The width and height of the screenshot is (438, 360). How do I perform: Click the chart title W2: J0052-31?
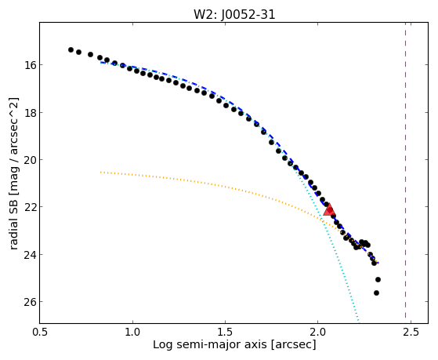234,14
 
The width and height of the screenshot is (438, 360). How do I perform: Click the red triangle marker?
329,209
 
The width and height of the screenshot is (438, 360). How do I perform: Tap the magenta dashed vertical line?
405,173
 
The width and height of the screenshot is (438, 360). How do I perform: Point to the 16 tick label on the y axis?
30,65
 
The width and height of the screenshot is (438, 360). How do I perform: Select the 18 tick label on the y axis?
30,112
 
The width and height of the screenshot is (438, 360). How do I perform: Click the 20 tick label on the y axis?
30,160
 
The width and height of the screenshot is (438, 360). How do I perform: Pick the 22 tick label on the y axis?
30,207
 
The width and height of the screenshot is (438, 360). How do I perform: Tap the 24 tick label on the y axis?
30,255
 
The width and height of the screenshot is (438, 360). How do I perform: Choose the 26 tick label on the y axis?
30,302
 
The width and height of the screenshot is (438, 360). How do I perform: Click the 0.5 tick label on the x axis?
40,332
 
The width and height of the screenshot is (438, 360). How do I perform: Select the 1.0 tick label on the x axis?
132,332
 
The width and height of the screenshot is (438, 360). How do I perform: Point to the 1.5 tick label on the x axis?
225,332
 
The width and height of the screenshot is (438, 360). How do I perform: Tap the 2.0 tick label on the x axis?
318,332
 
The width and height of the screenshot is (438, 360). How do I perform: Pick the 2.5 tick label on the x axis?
411,332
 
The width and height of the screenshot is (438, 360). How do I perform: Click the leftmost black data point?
71,49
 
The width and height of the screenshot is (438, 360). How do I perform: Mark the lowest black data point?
376,293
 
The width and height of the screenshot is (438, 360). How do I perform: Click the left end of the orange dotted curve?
100,172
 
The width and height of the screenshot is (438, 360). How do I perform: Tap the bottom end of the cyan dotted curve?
358,322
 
